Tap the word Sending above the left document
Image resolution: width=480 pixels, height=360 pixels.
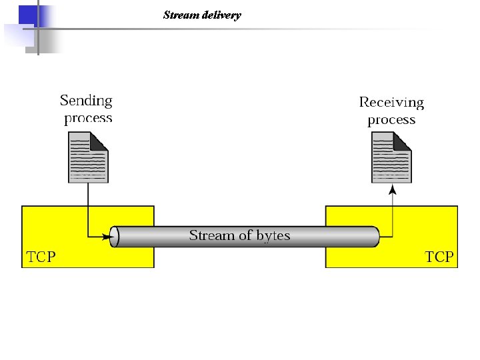tap(86, 101)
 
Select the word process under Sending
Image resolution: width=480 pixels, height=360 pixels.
tap(88, 119)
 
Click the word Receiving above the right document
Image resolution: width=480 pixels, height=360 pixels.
tap(391, 102)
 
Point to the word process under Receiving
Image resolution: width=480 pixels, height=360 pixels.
tap(391, 120)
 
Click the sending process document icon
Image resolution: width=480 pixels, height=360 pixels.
tap(87, 157)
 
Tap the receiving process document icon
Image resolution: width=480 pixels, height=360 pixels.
tap(391, 157)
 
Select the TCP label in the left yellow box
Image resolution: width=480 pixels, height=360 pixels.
tap(41, 257)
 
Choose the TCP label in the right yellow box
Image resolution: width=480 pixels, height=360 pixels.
tap(439, 257)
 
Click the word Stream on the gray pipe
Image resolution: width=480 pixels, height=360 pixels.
tap(207, 235)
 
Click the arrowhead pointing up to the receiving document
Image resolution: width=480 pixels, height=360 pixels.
tap(392, 191)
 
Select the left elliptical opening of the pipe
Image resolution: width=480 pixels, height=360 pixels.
tap(114, 237)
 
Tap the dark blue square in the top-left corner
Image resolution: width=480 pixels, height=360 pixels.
tap(27, 14)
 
